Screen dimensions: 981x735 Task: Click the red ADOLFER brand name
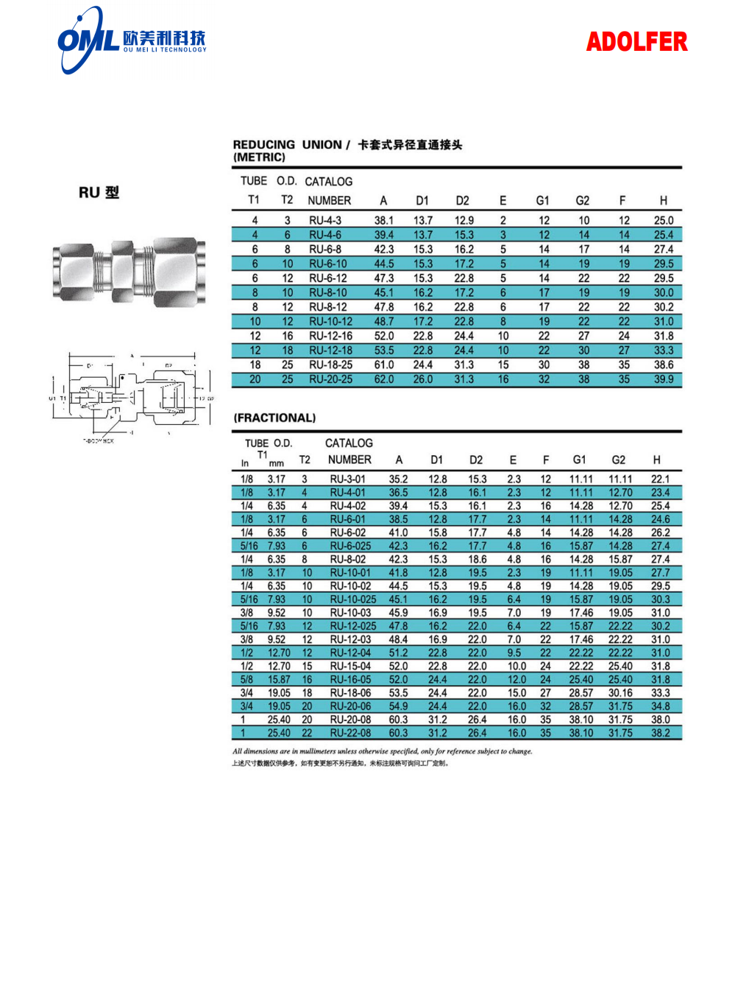[636, 42]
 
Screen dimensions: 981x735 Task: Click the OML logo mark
[88, 40]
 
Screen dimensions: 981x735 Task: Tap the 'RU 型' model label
[99, 193]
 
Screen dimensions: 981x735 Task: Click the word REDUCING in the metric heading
[263, 145]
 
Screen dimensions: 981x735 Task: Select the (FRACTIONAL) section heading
[274, 418]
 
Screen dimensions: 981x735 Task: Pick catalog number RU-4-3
[325, 220]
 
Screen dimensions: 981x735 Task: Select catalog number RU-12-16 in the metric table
[330, 336]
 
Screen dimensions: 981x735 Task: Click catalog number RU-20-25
[330, 379]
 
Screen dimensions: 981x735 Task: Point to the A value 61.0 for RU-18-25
[384, 365]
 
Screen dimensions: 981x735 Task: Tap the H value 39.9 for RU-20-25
[664, 379]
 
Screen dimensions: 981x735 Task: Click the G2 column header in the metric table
[583, 200]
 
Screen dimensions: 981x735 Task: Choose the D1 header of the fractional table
[437, 460]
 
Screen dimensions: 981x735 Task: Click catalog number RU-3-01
[347, 479]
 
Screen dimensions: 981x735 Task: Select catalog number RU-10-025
[353, 599]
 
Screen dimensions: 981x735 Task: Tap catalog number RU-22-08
[350, 733]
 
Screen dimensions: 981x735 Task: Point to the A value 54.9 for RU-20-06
[398, 706]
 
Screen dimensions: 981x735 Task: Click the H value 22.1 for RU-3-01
[660, 479]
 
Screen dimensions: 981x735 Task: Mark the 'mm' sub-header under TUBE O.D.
[276, 464]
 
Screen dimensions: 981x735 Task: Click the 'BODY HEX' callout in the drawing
[99, 441]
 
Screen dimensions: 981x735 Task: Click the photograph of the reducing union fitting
[129, 270]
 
